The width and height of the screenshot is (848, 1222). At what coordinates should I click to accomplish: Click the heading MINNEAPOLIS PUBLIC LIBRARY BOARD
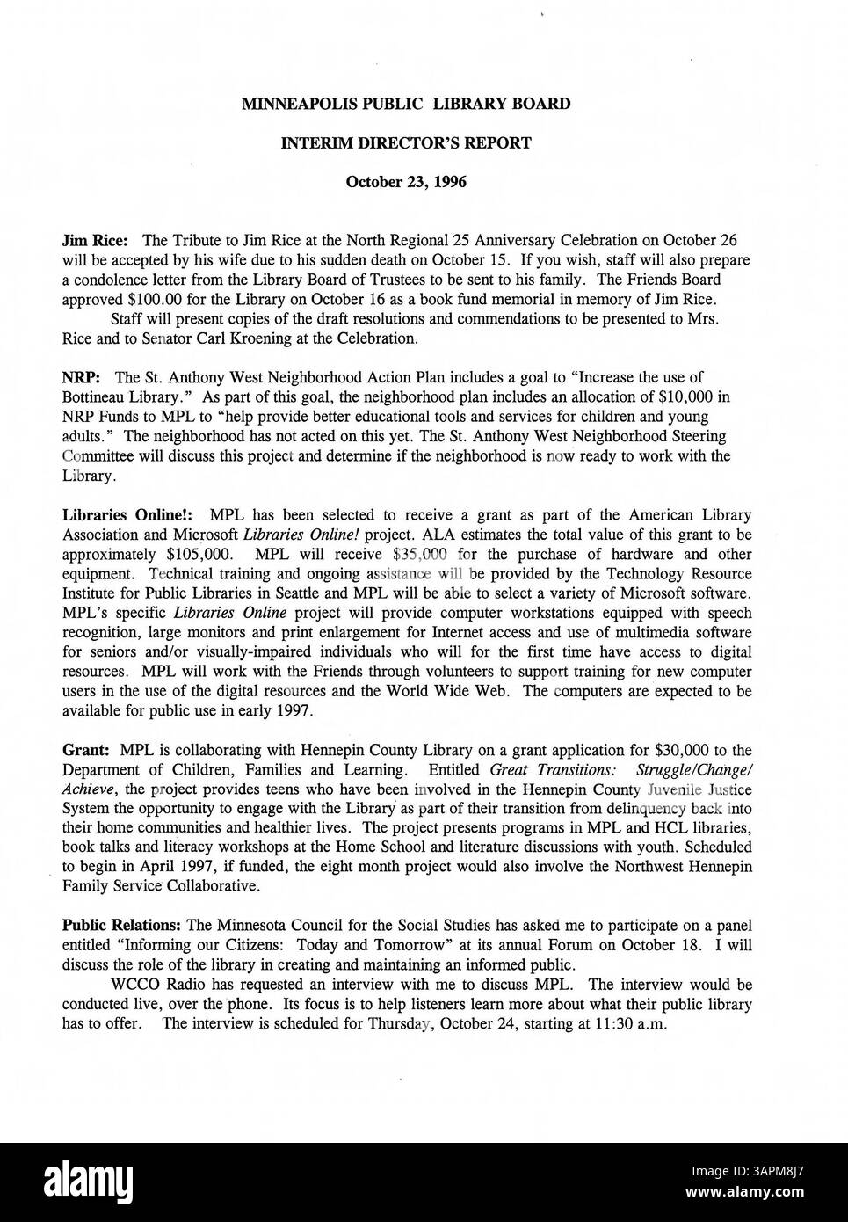click(x=406, y=104)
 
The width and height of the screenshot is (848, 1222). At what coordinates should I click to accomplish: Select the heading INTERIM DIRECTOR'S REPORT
click(x=406, y=143)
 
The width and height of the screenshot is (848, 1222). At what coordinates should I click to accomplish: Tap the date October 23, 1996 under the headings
click(x=406, y=183)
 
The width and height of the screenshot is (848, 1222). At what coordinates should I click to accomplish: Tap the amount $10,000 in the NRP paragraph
click(x=683, y=397)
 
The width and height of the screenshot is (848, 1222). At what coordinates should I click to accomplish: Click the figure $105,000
click(x=199, y=555)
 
